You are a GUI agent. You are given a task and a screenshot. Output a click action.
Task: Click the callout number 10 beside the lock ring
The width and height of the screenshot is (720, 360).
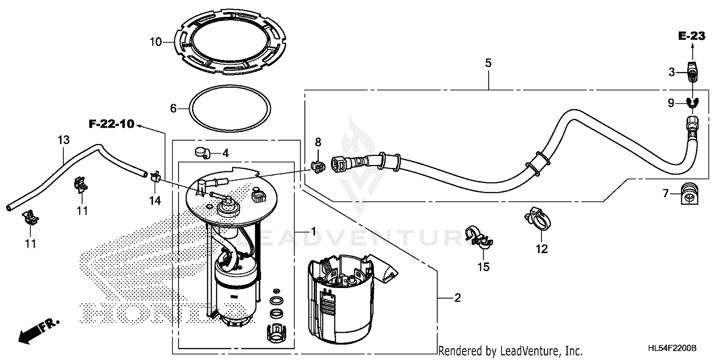pos(155,42)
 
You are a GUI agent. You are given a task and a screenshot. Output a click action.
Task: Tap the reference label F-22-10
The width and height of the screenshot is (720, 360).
pos(111,125)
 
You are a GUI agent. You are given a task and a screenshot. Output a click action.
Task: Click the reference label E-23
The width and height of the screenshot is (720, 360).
pos(691,36)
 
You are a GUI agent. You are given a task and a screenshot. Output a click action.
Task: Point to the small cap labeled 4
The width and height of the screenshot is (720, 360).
pos(202,153)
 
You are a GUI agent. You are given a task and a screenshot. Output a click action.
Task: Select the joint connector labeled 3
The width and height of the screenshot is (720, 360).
pos(691,72)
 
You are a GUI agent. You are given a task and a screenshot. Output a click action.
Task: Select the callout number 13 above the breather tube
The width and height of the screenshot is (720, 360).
pos(63,140)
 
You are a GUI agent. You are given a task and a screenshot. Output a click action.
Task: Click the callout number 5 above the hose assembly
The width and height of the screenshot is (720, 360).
pos(488,63)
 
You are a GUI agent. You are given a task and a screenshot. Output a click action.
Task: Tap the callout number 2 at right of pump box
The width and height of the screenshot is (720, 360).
pos(457,298)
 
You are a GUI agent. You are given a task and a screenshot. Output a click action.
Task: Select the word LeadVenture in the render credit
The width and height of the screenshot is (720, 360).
pos(528,351)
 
